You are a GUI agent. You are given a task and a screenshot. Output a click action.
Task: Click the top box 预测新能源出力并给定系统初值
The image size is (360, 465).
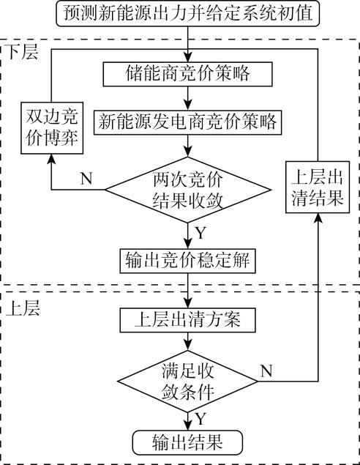(x=188, y=14)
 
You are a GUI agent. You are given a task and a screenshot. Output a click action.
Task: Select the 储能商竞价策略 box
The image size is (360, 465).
(x=187, y=74)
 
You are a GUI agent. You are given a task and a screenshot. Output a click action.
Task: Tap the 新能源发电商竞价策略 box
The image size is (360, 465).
(x=187, y=122)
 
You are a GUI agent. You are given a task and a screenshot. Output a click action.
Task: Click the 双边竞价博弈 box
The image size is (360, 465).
(x=52, y=128)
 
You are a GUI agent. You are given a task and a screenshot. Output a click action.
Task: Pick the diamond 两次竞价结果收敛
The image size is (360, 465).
(x=188, y=190)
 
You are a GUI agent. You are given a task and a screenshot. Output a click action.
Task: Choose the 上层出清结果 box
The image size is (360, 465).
(x=318, y=187)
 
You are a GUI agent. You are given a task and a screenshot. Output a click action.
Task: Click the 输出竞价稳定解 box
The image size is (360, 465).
(x=187, y=261)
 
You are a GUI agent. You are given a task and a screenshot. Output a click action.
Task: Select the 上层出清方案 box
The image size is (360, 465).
(x=187, y=320)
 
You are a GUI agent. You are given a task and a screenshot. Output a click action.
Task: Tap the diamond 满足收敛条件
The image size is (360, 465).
(x=187, y=382)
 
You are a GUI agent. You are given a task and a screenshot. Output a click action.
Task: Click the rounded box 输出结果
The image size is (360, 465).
(x=187, y=442)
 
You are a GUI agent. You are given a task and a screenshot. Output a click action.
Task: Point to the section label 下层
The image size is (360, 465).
(x=22, y=52)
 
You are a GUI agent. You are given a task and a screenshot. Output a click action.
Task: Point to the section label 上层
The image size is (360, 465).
(x=23, y=308)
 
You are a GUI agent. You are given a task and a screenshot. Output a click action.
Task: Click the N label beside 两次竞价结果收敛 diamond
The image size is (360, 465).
(x=86, y=179)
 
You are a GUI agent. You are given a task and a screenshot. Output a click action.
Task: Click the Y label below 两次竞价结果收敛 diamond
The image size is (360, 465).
(x=200, y=233)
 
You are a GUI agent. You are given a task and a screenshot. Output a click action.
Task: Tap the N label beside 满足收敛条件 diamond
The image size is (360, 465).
(x=266, y=371)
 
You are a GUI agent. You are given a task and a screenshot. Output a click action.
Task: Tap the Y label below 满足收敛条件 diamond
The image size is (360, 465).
(x=200, y=420)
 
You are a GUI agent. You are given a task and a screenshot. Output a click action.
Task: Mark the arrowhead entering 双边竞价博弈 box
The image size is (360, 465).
(x=51, y=159)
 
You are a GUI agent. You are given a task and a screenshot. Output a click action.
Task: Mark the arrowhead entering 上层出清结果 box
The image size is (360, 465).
(x=318, y=218)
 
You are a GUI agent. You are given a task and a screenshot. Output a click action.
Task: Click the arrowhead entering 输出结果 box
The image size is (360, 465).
(x=188, y=425)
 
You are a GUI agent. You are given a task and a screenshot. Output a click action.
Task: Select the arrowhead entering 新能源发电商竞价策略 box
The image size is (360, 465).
(x=188, y=105)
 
